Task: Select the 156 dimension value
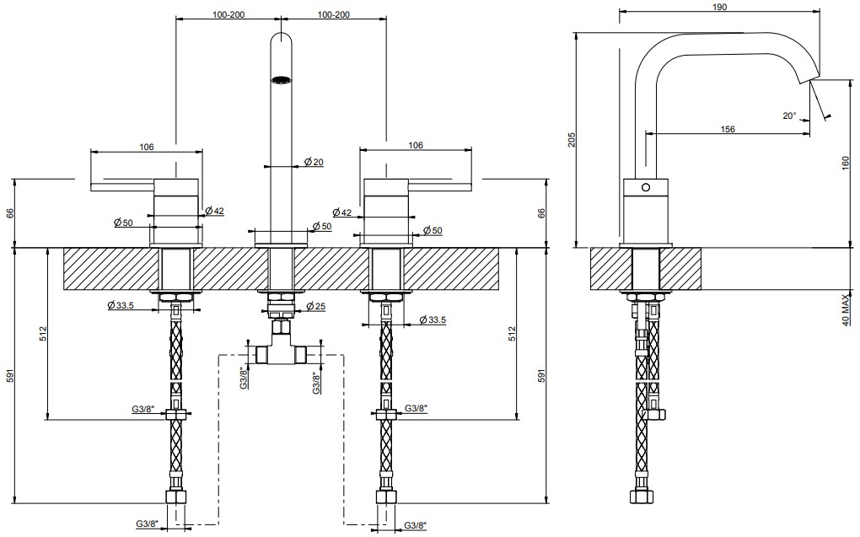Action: pos(728,128)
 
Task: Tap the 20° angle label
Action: pos(789,115)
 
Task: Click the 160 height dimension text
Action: pos(845,163)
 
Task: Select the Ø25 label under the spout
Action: pos(314,305)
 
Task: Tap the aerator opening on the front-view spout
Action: pos(280,81)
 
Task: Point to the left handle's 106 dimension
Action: pos(146,147)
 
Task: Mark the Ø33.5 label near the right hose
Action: pos(431,320)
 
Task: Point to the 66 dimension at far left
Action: pos(11,213)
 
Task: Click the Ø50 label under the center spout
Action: pos(320,226)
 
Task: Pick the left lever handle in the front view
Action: pos(122,184)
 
